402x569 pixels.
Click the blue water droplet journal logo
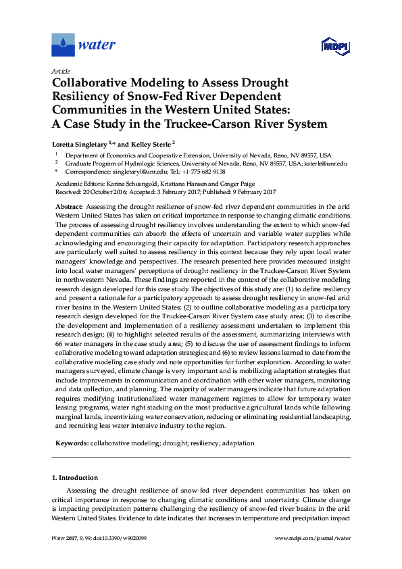point(63,45)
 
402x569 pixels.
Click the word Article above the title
point(60,71)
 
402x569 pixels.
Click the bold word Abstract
point(68,205)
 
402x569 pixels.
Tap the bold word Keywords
point(71,443)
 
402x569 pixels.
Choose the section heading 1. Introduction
point(74,478)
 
